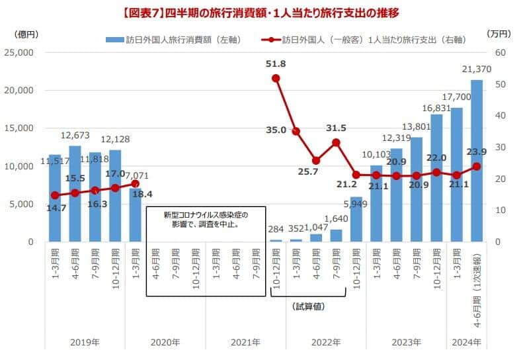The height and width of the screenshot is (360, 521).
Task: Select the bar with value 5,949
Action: [x=356, y=219]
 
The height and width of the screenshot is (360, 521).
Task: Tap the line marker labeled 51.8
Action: [x=276, y=78]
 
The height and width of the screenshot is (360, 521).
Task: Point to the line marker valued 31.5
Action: [x=336, y=142]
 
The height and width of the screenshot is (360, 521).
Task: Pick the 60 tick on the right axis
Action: [x=500, y=52]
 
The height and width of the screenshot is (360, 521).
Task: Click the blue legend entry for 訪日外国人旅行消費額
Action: [x=173, y=40]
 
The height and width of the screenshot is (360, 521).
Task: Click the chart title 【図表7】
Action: [x=260, y=12]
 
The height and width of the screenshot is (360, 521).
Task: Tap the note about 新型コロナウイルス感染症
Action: [x=206, y=220]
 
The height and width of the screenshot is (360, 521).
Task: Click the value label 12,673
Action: [x=76, y=136]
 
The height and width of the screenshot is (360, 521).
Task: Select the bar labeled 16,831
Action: [x=436, y=178]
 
